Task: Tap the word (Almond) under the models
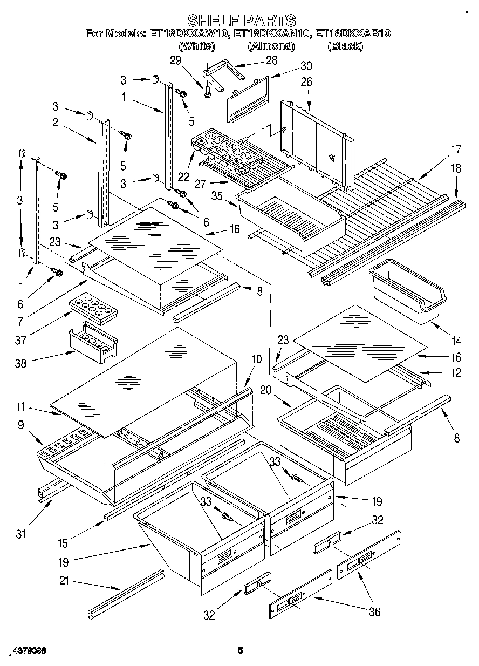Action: pos(271,46)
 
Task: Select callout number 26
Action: pos(306,83)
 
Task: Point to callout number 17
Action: pos(456,148)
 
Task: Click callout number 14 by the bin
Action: pos(456,341)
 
